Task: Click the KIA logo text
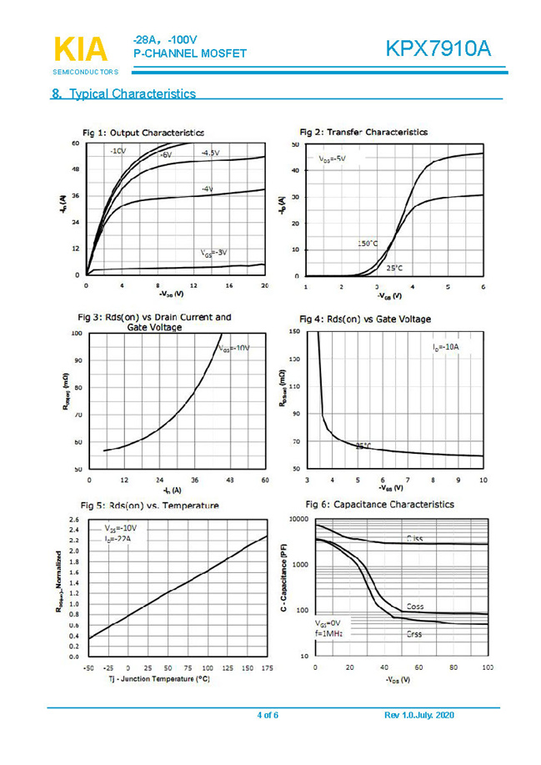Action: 81,49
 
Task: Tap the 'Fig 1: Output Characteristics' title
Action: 143,133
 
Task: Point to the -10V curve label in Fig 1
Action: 117,151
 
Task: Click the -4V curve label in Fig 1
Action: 207,189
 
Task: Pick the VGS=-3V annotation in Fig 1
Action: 213,252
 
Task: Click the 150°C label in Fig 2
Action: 367,243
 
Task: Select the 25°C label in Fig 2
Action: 395,269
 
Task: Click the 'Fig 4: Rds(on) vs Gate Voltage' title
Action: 365,319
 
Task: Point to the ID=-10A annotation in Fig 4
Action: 446,346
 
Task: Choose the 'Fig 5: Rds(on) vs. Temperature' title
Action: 149,506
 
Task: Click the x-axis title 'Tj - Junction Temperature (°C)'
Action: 159,679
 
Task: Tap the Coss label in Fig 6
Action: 414,606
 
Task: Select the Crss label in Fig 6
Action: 414,635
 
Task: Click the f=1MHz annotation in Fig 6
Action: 329,634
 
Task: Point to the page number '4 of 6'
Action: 268,716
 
